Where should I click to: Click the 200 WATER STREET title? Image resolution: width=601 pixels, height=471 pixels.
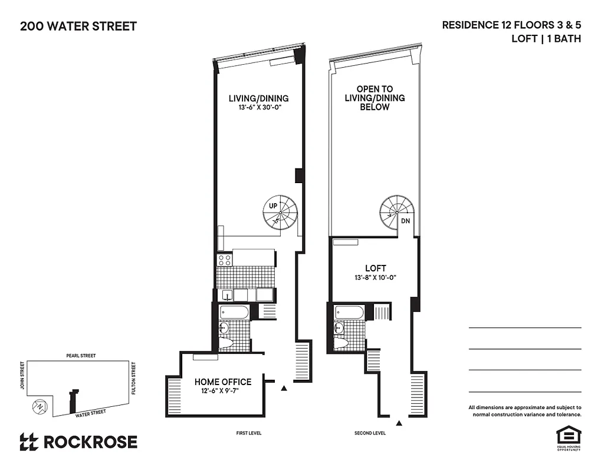click(x=78, y=26)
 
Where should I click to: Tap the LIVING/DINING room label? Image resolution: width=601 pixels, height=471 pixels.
click(x=258, y=98)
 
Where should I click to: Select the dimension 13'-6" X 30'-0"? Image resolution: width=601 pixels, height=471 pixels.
click(x=258, y=108)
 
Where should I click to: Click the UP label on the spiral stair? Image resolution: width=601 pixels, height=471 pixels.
click(x=273, y=206)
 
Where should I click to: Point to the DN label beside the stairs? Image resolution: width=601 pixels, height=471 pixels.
click(x=405, y=221)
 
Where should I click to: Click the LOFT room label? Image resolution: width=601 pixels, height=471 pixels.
click(x=375, y=268)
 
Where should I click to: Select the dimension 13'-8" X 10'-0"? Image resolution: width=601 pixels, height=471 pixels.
click(x=375, y=277)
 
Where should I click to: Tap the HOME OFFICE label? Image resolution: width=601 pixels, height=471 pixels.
click(x=223, y=382)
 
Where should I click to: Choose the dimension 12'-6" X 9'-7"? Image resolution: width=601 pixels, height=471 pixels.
click(x=223, y=392)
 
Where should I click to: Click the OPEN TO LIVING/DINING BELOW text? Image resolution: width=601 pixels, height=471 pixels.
click(x=375, y=98)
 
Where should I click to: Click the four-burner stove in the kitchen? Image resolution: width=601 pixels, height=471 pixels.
click(x=224, y=259)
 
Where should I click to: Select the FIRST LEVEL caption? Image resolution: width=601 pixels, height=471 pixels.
click(x=248, y=433)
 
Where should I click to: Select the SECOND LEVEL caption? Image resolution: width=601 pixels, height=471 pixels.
click(x=370, y=433)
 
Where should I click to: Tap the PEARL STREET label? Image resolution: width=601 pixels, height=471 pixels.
click(x=81, y=356)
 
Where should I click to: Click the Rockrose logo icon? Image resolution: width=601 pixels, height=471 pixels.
click(x=29, y=442)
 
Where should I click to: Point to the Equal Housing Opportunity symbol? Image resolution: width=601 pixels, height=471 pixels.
click(x=569, y=436)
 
